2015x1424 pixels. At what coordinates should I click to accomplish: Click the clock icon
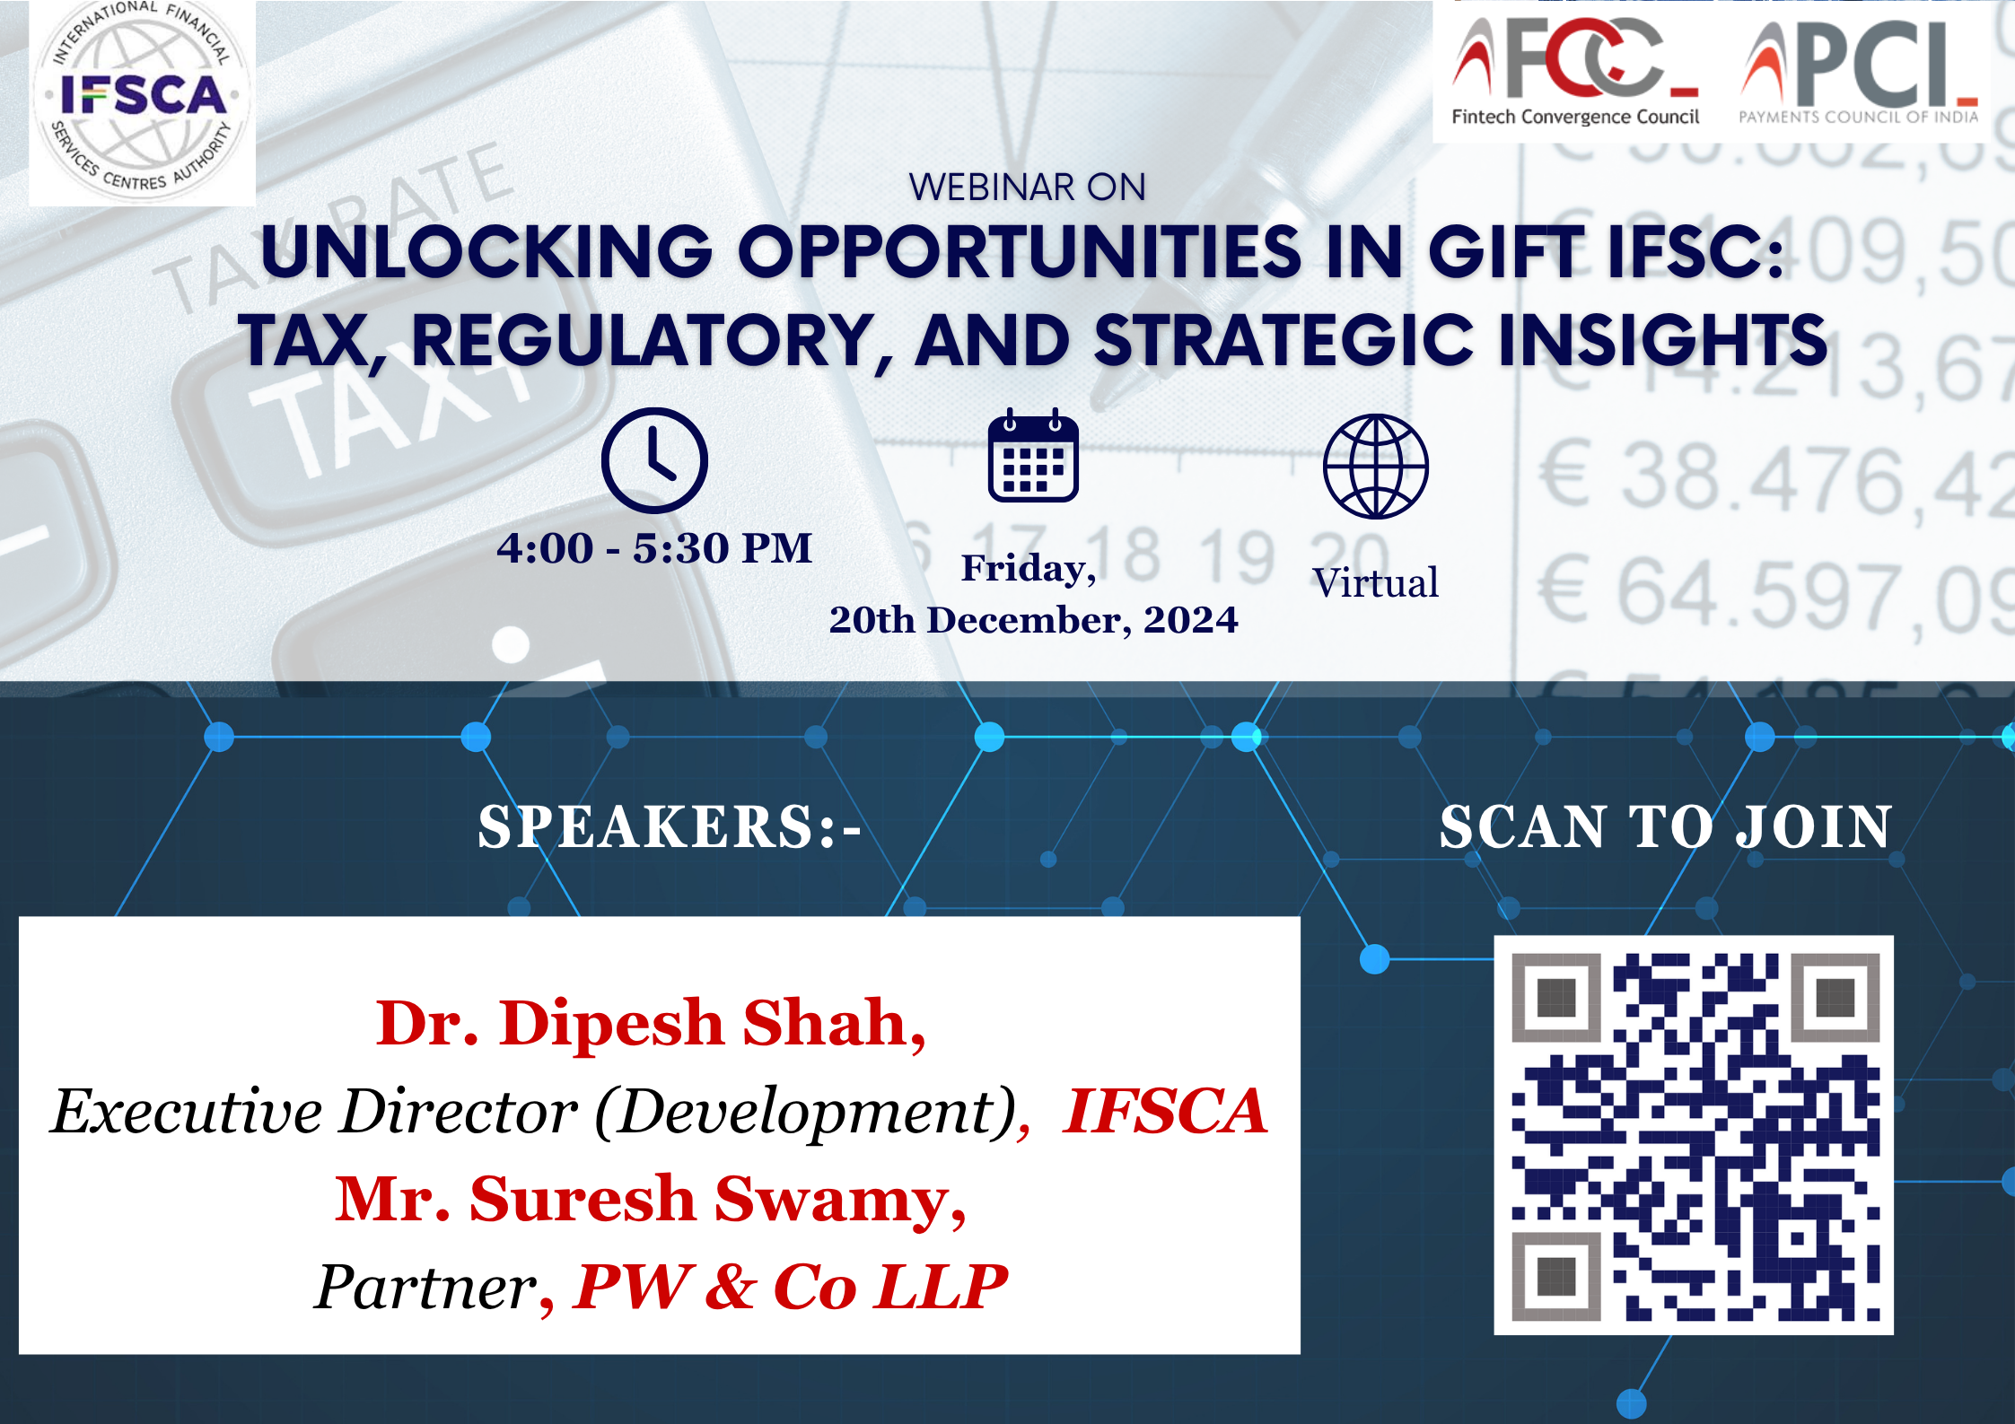click(x=654, y=460)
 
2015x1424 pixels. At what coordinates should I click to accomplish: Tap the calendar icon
click(x=1033, y=455)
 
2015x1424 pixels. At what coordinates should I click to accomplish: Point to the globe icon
click(x=1375, y=466)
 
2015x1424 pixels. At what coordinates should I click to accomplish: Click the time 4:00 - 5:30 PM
click(x=654, y=547)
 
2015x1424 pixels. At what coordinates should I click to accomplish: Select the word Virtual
click(x=1375, y=582)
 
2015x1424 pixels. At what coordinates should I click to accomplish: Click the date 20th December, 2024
click(x=1033, y=620)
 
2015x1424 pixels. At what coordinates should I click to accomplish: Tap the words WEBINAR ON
click(x=1027, y=188)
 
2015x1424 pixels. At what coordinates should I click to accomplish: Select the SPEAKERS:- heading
click(x=669, y=826)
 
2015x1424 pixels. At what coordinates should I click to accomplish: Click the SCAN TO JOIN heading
click(x=1666, y=826)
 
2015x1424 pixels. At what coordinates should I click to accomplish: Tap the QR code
click(x=1694, y=1135)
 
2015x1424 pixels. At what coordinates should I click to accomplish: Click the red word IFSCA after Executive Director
click(x=1165, y=1111)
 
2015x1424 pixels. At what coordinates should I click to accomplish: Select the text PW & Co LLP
click(x=791, y=1287)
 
